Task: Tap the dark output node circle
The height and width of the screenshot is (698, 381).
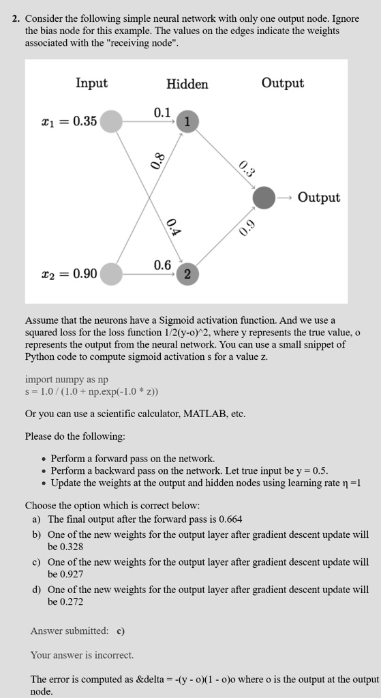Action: click(x=264, y=198)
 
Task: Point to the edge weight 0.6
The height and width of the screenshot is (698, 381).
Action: click(x=162, y=264)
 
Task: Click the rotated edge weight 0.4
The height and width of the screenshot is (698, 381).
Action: click(x=172, y=227)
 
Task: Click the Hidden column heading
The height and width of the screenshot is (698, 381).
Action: click(x=187, y=84)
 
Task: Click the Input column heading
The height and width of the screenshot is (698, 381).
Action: click(x=91, y=83)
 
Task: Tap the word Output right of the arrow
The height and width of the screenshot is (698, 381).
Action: click(x=318, y=198)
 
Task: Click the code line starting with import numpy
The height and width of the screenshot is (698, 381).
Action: click(x=66, y=379)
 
